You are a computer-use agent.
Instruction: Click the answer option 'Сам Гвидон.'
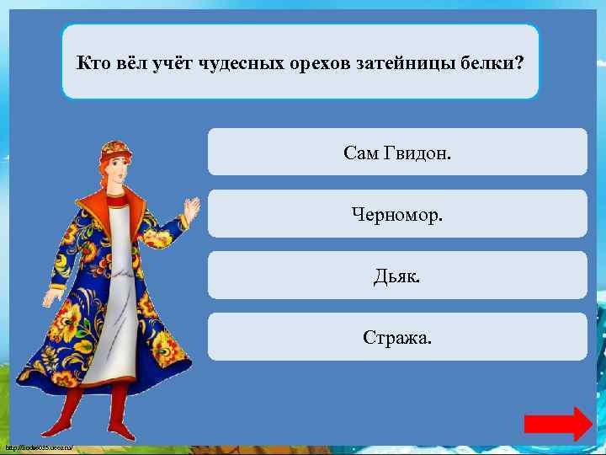[x=397, y=153]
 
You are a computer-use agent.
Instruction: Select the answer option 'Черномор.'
[x=397, y=214]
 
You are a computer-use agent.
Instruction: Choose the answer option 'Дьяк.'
[x=397, y=276]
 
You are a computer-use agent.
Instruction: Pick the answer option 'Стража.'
[x=397, y=338]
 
